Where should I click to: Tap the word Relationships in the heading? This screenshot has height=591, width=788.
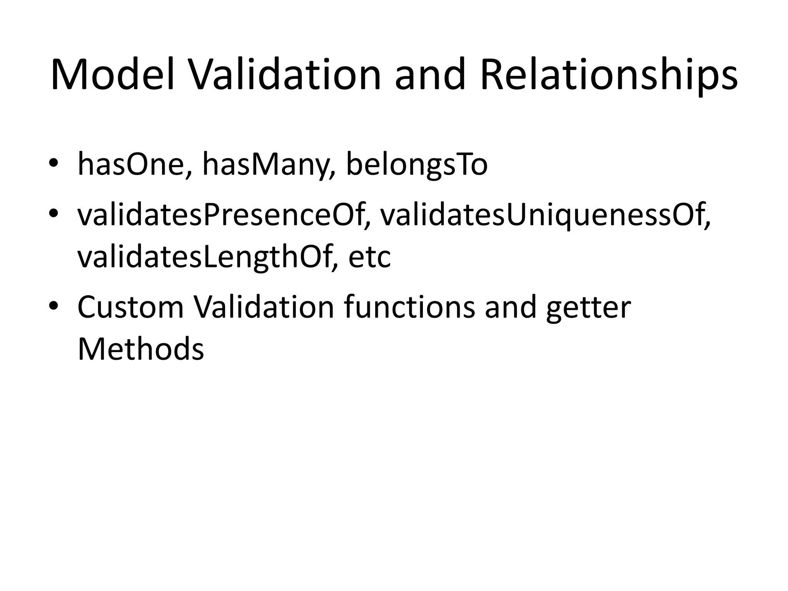609,75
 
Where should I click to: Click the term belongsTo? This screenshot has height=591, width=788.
417,165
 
